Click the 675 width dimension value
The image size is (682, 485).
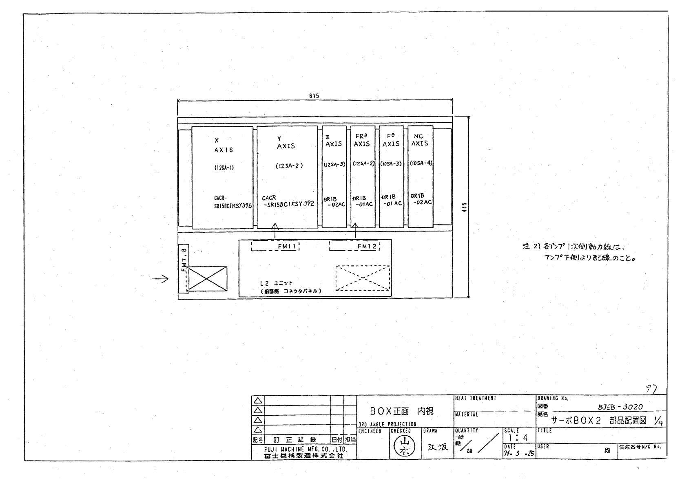314,96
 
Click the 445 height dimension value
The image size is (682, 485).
465,207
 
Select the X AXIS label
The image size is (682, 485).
223,145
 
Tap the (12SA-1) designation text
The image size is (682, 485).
224,168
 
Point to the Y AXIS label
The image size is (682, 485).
285,143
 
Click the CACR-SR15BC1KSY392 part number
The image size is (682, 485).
288,201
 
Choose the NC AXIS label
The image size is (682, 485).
419,140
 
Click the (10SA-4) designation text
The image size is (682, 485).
421,163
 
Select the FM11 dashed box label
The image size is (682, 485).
287,246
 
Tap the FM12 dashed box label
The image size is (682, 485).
367,246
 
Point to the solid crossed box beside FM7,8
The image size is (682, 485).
208,279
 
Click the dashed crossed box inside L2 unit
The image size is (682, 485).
363,278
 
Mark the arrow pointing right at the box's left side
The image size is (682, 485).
160,279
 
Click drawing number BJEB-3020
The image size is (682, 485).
620,407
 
